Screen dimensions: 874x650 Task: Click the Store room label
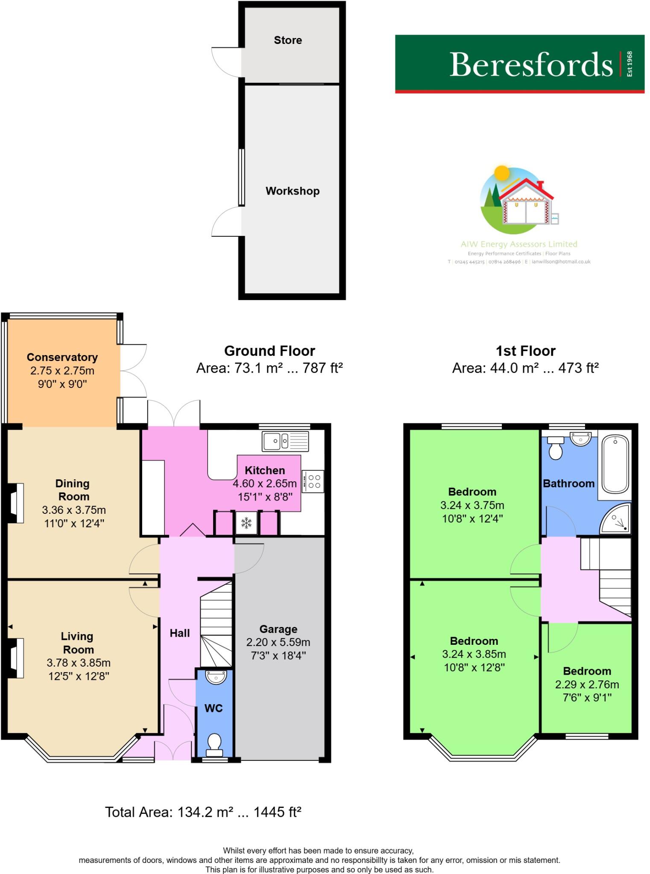tap(288, 40)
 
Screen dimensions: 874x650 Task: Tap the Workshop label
tap(293, 191)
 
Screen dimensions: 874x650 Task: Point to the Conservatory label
tap(62, 357)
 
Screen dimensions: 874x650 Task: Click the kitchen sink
tap(285, 441)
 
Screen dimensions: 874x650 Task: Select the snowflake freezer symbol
tap(246, 523)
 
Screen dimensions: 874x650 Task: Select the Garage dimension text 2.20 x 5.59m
tap(278, 642)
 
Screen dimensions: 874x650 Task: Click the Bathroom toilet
tap(556, 448)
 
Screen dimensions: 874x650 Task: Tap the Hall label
tap(180, 633)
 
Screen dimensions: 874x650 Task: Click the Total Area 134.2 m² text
tap(203, 812)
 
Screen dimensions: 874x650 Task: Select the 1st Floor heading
tap(526, 351)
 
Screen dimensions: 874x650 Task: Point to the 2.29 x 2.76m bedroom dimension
tap(587, 685)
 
